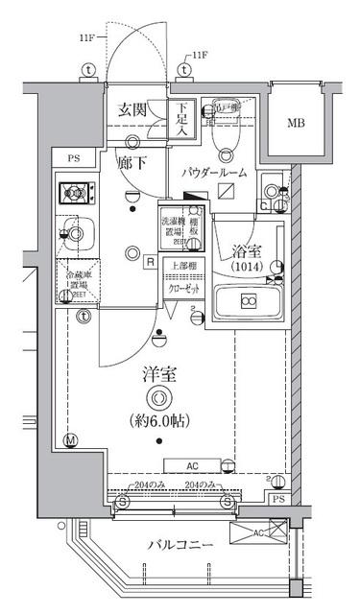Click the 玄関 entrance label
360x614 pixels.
point(132,110)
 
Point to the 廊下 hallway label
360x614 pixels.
point(132,164)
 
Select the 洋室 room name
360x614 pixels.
point(159,373)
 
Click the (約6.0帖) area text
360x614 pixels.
point(160,420)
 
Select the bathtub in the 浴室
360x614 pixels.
point(249,302)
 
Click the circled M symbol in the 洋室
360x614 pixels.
point(69,441)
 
